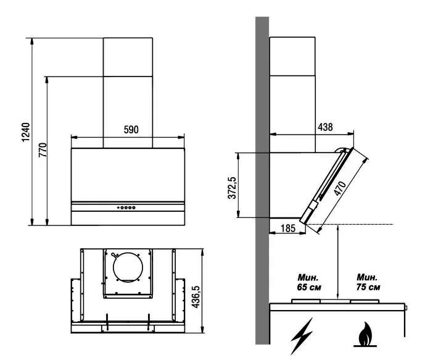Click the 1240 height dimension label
(26, 132)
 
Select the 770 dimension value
(43, 150)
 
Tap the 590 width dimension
(131, 130)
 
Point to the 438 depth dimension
(325, 127)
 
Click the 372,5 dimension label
(233, 188)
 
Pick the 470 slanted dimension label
(339, 188)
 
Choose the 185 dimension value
(288, 228)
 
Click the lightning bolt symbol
(301, 335)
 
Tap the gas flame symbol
(365, 334)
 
